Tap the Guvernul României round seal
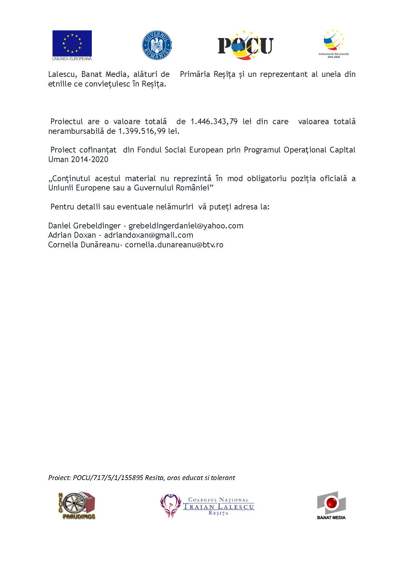point(157,45)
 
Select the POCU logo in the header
point(246,45)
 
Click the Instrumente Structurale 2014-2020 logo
point(334,43)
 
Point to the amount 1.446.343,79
point(214,122)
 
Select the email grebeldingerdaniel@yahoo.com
point(186,226)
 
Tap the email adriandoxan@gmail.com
point(148,235)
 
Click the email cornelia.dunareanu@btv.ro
point(174,245)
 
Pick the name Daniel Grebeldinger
point(85,226)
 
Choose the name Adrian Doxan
point(72,235)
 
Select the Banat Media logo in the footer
point(331,505)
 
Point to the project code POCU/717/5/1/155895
point(108,478)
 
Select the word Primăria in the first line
point(195,74)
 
